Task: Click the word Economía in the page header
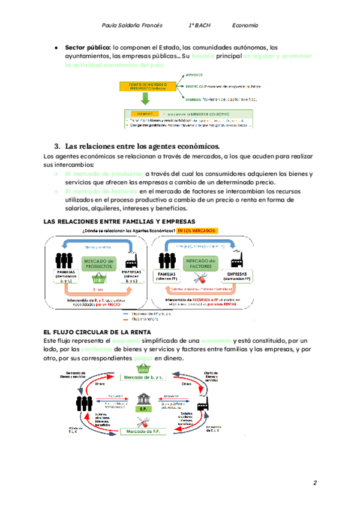(245, 26)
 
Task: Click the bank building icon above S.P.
(144, 398)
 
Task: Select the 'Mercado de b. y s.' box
(143, 377)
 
